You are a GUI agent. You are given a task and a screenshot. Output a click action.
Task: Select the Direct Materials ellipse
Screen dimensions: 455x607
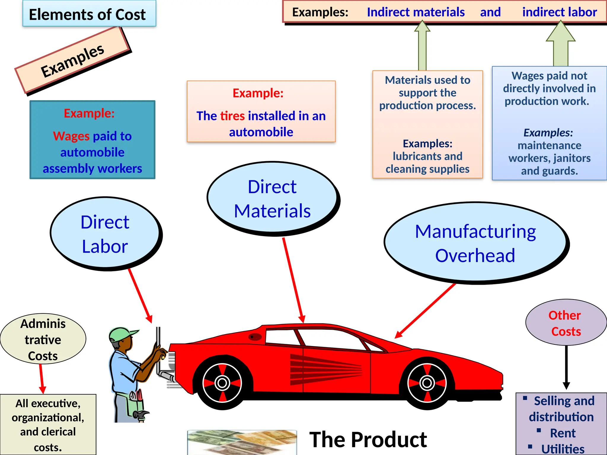(x=272, y=198)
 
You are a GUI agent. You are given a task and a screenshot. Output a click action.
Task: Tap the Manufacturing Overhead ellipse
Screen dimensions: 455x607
(x=475, y=243)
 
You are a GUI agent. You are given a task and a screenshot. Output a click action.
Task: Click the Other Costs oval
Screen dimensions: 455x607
(x=566, y=323)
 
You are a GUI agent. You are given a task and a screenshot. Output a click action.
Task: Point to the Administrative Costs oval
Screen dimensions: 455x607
(x=43, y=339)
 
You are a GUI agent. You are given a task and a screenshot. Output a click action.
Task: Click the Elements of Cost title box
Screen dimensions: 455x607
(x=89, y=14)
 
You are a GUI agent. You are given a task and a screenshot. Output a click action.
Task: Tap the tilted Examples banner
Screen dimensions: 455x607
(x=72, y=60)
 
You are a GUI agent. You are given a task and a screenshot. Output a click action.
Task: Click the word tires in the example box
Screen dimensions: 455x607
(x=232, y=116)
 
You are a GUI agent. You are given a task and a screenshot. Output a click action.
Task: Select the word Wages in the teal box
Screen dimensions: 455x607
(x=71, y=136)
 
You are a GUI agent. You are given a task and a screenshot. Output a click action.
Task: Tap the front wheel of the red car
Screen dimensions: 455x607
(x=427, y=383)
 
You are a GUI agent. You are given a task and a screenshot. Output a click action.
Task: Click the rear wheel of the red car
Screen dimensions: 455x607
(x=222, y=383)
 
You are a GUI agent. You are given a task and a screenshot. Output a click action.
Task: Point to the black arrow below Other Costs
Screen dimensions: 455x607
(x=566, y=367)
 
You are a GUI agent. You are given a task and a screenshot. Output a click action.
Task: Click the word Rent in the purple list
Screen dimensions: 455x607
(x=563, y=433)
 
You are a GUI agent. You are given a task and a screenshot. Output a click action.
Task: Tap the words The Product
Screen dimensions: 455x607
(x=368, y=440)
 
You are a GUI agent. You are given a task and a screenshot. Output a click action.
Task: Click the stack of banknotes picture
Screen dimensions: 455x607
(x=242, y=442)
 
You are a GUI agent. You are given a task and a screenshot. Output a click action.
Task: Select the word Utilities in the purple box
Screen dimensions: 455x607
(x=563, y=449)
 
